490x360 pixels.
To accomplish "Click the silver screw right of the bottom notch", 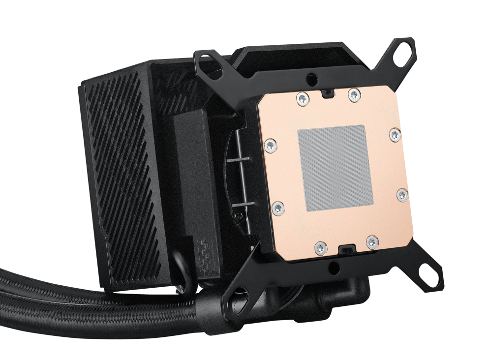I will point(372,241).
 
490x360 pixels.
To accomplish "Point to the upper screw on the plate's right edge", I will point(395,134).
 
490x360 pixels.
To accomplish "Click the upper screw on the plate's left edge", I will point(269,145).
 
